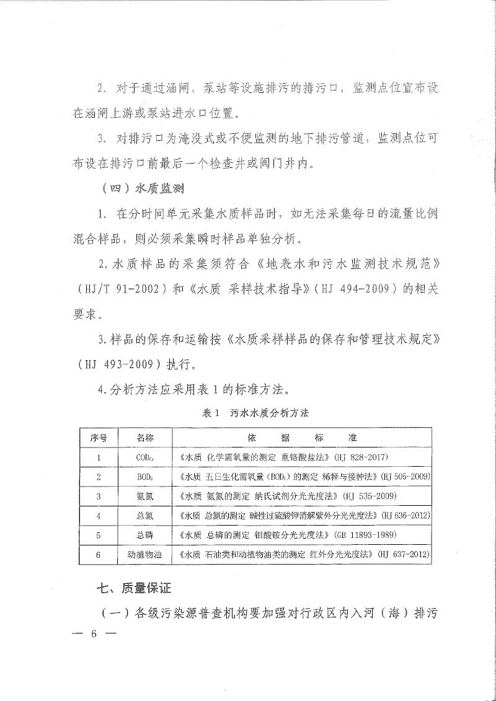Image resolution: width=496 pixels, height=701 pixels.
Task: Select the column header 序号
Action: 99,438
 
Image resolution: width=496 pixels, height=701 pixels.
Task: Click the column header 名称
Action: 144,438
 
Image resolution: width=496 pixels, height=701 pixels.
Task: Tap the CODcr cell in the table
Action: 144,457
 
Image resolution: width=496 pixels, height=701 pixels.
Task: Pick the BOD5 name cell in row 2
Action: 144,477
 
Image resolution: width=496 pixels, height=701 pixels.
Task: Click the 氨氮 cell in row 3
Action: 144,496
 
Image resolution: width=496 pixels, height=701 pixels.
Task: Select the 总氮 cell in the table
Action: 144,515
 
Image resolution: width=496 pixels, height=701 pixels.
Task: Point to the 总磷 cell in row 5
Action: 144,534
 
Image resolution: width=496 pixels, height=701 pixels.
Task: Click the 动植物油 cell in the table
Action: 144,554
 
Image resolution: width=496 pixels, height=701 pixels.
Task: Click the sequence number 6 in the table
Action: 99,554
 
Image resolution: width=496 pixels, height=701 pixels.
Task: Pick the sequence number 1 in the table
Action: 99,457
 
